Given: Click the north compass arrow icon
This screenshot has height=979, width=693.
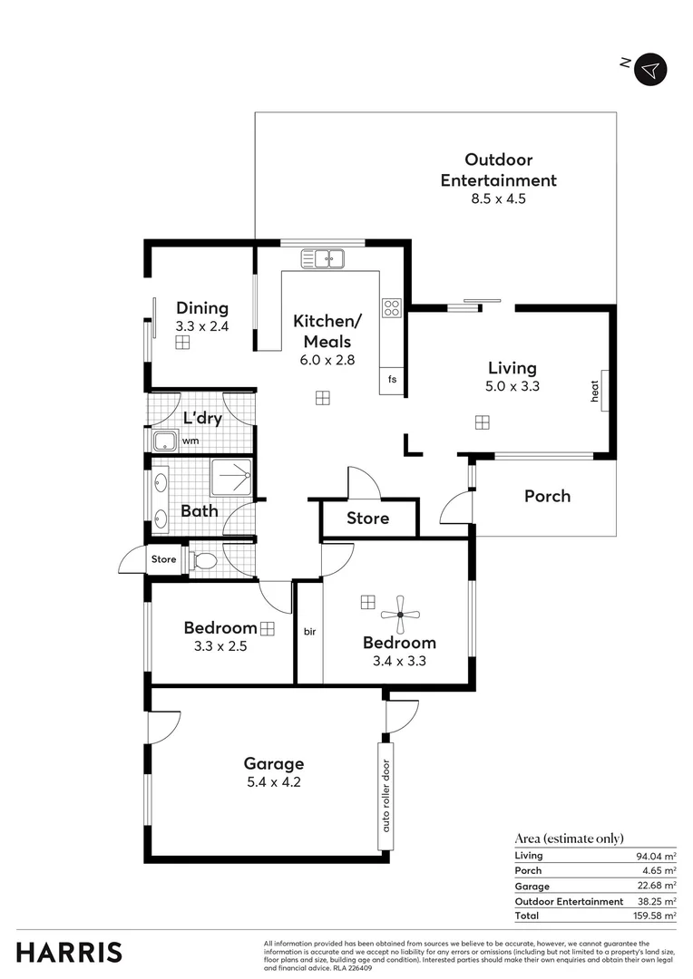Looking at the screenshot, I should pos(650,69).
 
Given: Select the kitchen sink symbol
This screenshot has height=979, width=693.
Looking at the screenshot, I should pos(324,259).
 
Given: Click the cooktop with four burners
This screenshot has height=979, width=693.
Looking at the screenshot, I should pos(392,307).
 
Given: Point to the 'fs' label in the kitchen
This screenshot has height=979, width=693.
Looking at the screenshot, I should pos(392,379).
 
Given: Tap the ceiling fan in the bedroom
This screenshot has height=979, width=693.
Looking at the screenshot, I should pos(400,616).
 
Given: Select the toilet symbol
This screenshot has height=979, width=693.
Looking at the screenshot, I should pos(204,561).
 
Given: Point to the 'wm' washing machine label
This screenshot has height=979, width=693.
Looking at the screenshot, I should pos(190,441).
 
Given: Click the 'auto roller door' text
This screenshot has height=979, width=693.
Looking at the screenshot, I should pos(386,796).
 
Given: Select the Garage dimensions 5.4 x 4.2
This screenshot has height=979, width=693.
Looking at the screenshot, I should pos(273,781).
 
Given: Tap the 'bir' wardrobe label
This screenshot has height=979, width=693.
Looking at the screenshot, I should pos(309,630).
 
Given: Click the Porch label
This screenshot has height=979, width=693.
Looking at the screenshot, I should pos(547,496).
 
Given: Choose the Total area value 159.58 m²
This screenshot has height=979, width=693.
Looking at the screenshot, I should pos(656,916).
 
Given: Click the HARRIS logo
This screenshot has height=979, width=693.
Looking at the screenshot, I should pos(69,952).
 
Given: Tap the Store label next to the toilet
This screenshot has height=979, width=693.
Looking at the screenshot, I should pos(164,559).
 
